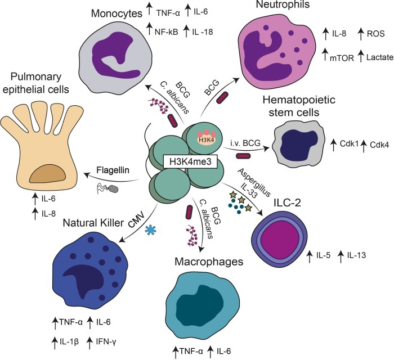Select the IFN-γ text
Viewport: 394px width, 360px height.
pos(110,341)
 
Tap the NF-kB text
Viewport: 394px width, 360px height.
pos(167,32)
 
